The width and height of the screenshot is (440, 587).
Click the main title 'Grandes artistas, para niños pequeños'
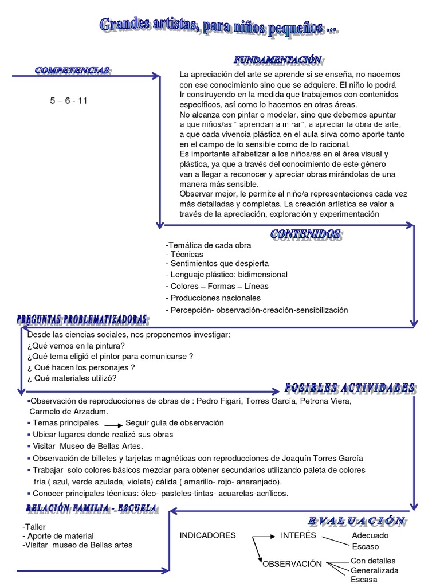point(219,25)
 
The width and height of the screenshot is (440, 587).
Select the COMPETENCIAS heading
point(72,70)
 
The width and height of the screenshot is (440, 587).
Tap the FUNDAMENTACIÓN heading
point(278,60)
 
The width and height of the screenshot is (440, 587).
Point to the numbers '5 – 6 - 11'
point(69,101)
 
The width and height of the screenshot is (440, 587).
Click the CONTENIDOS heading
point(306,234)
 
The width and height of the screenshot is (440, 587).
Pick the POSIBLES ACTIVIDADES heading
point(349,388)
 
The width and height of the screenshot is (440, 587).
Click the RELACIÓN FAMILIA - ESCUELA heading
point(92,508)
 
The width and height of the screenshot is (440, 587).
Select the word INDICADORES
point(207,535)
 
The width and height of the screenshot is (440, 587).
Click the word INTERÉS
point(298,535)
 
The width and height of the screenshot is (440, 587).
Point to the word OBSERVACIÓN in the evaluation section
point(292,564)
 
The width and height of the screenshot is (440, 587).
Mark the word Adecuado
point(370,535)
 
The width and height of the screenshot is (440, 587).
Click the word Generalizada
point(375,570)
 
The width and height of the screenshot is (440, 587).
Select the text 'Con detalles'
point(373,561)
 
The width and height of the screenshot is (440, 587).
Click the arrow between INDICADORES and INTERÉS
point(258,536)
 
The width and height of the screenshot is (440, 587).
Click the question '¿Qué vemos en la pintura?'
point(76,345)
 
